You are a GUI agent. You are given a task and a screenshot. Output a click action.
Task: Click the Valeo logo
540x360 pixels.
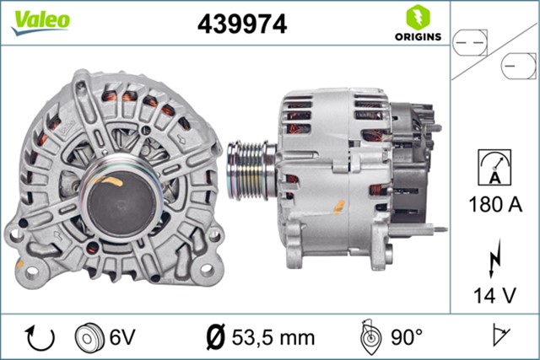click(x=39, y=21)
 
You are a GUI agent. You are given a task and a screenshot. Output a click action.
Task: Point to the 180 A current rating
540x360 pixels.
click(x=494, y=204)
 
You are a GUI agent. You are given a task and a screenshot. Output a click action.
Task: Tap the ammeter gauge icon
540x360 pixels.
click(x=494, y=166)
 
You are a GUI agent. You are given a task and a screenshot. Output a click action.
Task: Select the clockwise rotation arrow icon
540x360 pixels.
click(x=40, y=337)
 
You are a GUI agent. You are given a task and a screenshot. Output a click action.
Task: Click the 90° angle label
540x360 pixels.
click(x=406, y=337)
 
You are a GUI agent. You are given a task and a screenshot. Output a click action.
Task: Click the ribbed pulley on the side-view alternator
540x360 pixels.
click(x=251, y=166)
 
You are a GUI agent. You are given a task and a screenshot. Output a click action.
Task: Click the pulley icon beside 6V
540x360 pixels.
click(x=89, y=337)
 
